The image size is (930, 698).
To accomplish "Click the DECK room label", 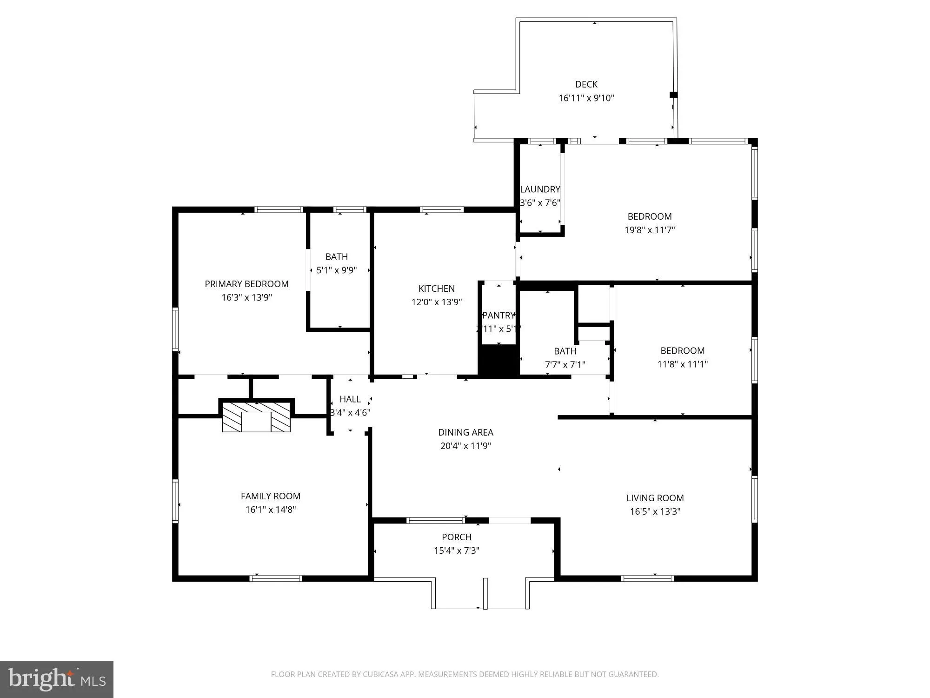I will pos(586,84).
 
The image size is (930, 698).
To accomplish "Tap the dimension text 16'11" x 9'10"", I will pos(586,98).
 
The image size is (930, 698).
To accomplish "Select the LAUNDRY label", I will pos(540,189).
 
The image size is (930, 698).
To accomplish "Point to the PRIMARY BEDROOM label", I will pos(246,284).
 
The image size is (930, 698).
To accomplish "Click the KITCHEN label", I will pos(436,289).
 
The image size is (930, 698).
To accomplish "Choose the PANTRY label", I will pos(498,315).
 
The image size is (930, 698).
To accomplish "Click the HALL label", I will pos(350,399).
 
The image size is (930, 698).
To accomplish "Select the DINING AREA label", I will pos(465,432).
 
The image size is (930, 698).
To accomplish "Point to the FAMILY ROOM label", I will pos(270,496).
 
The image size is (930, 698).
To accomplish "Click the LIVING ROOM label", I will pos(655,498).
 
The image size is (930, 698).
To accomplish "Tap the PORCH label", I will pos(456,537).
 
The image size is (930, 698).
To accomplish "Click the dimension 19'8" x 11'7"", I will pos(649,230).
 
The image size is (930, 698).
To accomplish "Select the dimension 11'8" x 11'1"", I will pos(682,364).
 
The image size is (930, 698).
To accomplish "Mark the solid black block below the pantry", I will pos(498,361).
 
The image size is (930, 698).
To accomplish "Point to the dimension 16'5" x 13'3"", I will pos(655,511).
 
